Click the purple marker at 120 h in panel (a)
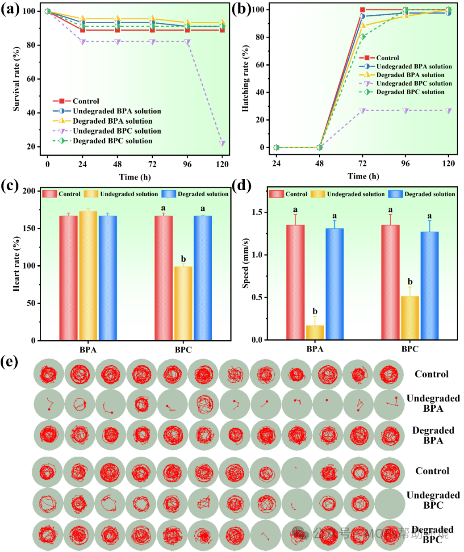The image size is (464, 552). [222, 143]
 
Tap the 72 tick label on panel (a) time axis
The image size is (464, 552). [152, 164]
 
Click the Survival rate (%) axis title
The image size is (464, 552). [17, 79]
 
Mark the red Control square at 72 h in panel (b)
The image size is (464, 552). [363, 10]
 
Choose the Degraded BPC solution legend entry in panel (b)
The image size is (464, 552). [410, 92]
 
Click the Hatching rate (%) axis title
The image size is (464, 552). [245, 78]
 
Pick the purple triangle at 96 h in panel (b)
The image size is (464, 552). [405, 111]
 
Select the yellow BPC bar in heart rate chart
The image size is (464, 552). [183, 303]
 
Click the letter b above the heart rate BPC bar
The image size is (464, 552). [183, 259]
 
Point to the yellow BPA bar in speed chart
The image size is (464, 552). [315, 332]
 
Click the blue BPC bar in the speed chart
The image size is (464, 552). [429, 286]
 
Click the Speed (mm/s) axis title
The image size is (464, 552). [246, 263]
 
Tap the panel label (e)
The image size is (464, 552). [10, 361]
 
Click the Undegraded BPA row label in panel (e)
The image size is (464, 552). [433, 403]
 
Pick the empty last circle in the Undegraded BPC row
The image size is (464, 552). [389, 503]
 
